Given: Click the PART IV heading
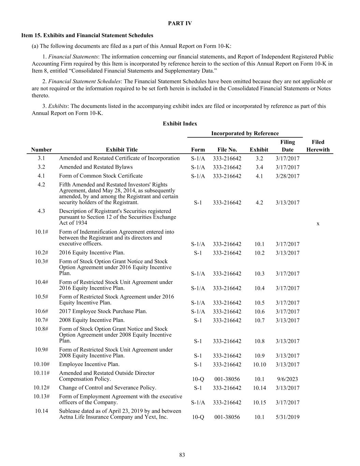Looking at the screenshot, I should pos(180,23).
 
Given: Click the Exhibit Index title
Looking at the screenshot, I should pos(180,124).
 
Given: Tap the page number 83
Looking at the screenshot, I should pos(182,455).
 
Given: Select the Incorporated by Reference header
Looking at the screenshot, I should pos(245,133).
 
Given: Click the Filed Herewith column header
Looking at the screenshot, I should pos(318,146).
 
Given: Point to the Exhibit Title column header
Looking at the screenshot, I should pos(121,150).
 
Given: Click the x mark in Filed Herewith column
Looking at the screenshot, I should pos(318,224).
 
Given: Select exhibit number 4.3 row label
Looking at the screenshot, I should pos(41,211).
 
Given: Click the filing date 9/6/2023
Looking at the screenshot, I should pos(287,379).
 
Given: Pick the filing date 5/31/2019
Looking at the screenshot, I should pos(287,417).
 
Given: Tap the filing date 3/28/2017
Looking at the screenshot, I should pos(287,176).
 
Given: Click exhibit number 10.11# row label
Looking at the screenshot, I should pos(41,373).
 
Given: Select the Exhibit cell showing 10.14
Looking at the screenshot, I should pos(259,388).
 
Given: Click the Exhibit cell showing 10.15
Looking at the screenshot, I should pos(259,403).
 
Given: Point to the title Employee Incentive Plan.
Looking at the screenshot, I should pos(89,364).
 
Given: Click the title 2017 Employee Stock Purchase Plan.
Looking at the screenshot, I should pos(103,311).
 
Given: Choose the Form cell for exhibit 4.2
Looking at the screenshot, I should pos(198,202).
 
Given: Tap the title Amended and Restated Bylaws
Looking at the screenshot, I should pos(96,167).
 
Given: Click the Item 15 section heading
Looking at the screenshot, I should pos(87,35).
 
